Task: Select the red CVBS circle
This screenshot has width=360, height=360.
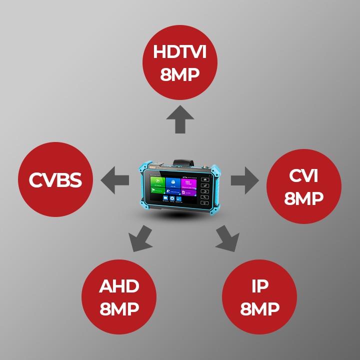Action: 55,180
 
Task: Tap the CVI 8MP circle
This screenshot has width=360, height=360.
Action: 304,186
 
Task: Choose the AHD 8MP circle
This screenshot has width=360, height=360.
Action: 119,297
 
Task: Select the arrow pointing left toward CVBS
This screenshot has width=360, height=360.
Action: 114,180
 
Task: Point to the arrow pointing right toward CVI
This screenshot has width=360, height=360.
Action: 245,180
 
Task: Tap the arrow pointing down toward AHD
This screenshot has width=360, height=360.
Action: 139,238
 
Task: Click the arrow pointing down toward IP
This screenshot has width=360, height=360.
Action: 227,238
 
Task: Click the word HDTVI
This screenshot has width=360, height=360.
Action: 180,52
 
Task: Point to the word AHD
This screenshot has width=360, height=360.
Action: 119,287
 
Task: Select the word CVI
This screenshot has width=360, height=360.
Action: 304,176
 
